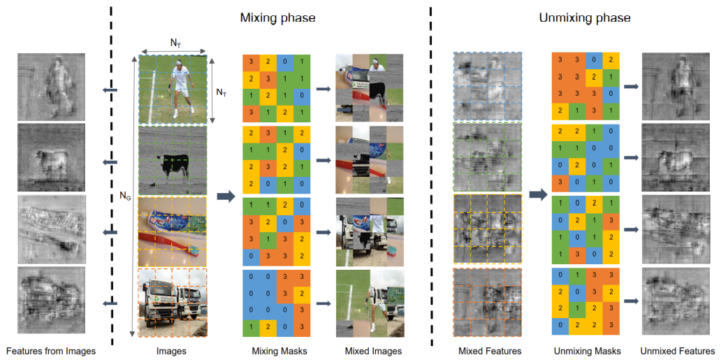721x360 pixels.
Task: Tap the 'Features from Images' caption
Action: point(50,351)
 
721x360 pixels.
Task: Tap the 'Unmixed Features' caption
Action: point(676,351)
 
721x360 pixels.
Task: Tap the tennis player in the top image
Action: point(183,87)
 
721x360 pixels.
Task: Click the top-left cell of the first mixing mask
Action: point(248,63)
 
